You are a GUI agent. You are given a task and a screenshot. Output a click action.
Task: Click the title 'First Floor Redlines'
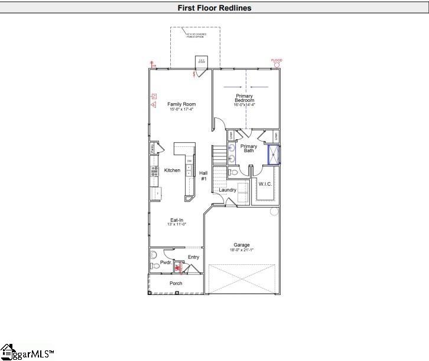214,8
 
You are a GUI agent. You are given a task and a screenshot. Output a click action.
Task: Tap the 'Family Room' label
181,104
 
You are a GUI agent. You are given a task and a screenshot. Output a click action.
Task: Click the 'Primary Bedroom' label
245,99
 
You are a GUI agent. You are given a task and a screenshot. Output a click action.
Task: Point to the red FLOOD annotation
277,60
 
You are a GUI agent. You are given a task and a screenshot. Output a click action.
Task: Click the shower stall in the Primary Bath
274,155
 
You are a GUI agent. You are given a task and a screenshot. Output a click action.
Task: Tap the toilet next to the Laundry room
234,173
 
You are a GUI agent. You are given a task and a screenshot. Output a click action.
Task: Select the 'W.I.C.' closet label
265,184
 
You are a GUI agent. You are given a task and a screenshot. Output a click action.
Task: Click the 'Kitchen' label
172,170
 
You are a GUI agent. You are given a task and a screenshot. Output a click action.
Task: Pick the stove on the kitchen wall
154,171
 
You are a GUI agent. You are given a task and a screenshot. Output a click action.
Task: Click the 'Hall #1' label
203,175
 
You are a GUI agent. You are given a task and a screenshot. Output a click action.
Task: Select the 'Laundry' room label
227,190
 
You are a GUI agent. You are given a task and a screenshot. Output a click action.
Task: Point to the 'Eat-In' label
177,220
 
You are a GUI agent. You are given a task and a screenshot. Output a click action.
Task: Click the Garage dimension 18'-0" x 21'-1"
242,250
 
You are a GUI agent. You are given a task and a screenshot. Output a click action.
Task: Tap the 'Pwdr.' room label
165,262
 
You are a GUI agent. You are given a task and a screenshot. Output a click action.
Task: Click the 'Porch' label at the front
176,284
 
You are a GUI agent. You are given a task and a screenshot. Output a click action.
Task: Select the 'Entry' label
193,257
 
